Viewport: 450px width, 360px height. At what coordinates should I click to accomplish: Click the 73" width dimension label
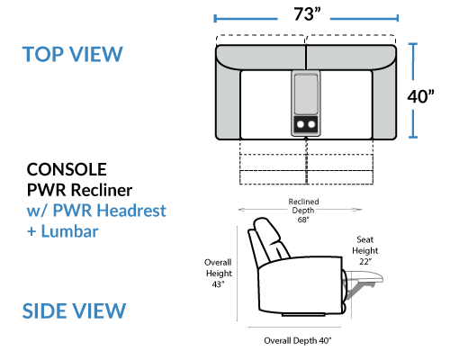(x=307, y=14)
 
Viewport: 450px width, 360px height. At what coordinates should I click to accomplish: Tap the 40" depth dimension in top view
(x=420, y=96)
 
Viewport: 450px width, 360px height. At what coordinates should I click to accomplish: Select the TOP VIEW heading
(x=73, y=54)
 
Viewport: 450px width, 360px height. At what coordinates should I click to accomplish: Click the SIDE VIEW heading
(x=74, y=310)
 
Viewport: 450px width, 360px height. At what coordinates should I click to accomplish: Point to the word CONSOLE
(x=67, y=169)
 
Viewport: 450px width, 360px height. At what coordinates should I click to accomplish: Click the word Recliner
(x=102, y=190)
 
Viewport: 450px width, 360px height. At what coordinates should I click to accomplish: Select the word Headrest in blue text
(x=131, y=210)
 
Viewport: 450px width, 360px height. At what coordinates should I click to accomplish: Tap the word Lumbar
(x=69, y=231)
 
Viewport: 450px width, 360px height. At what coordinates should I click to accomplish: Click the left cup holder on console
(x=301, y=124)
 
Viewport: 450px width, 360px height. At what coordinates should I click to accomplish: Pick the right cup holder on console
(x=311, y=124)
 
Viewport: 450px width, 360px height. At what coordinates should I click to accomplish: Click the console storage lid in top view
(x=306, y=94)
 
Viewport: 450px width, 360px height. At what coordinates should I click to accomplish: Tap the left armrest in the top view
(x=228, y=103)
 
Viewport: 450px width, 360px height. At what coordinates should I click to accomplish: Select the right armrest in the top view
(x=384, y=103)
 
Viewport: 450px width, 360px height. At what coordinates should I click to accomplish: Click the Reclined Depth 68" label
(x=303, y=211)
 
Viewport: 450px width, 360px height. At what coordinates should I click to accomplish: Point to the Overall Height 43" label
(x=219, y=273)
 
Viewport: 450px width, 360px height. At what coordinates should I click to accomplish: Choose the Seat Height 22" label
(x=364, y=250)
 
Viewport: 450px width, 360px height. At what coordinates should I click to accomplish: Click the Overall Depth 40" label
(x=298, y=340)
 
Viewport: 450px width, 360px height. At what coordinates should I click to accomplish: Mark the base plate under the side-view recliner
(x=303, y=315)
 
